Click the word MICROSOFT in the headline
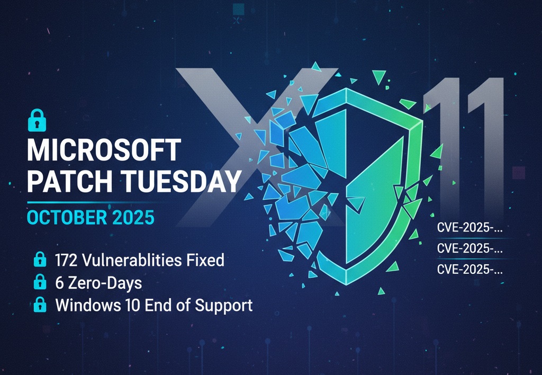tap(104, 151)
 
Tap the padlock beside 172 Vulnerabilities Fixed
tap(39, 260)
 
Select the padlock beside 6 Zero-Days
tap(39, 283)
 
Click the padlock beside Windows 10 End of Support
tap(39, 306)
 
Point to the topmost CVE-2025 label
tap(469, 229)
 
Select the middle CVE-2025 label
tap(469, 248)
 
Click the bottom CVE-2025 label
tap(469, 270)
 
